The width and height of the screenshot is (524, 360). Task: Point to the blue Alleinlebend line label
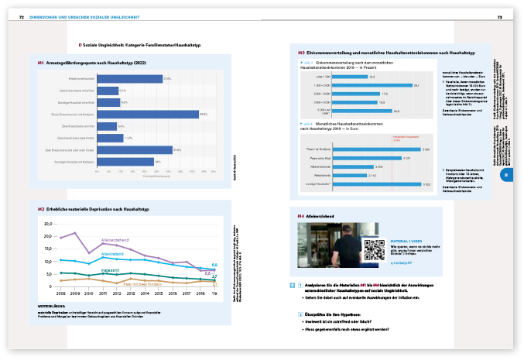click(x=113, y=254)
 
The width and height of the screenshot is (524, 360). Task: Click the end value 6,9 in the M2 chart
click(x=214, y=265)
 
